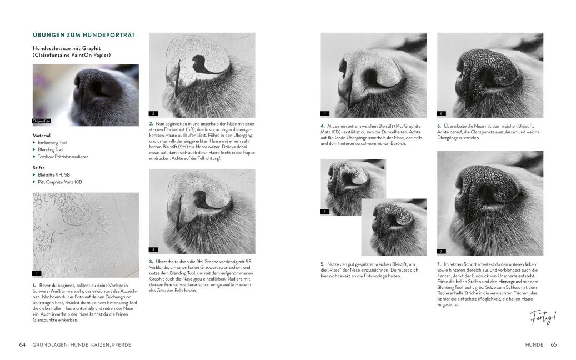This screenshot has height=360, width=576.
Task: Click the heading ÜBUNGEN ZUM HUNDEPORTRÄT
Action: coord(83,35)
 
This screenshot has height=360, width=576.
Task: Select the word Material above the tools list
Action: coord(42,135)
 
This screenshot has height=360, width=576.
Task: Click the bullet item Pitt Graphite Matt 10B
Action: coord(60,182)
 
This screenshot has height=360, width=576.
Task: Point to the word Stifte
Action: coord(39,167)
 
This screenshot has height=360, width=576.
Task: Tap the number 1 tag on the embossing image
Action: coord(37,273)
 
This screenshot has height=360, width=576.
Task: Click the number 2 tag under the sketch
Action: coord(154,113)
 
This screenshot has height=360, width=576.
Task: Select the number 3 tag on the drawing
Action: coord(154,250)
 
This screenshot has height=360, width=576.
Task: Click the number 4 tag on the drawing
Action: coord(325,113)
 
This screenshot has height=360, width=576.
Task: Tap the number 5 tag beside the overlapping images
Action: coord(325,212)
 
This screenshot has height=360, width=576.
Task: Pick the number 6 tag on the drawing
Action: coord(442,113)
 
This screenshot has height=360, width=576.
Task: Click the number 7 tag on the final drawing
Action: coord(442,251)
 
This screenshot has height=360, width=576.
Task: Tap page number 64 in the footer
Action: coord(22,344)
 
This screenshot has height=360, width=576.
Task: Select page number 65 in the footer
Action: coord(553,344)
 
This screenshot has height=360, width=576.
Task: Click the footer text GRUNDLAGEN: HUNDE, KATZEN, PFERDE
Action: coord(81,344)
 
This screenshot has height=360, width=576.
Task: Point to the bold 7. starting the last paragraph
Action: coord(439,264)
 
